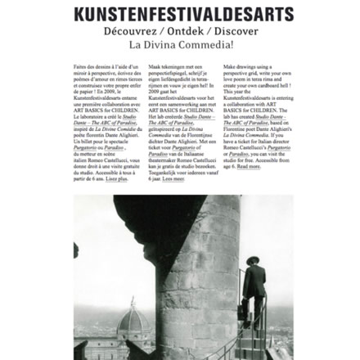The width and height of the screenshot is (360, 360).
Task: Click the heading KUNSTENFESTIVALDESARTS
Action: [179, 14]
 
